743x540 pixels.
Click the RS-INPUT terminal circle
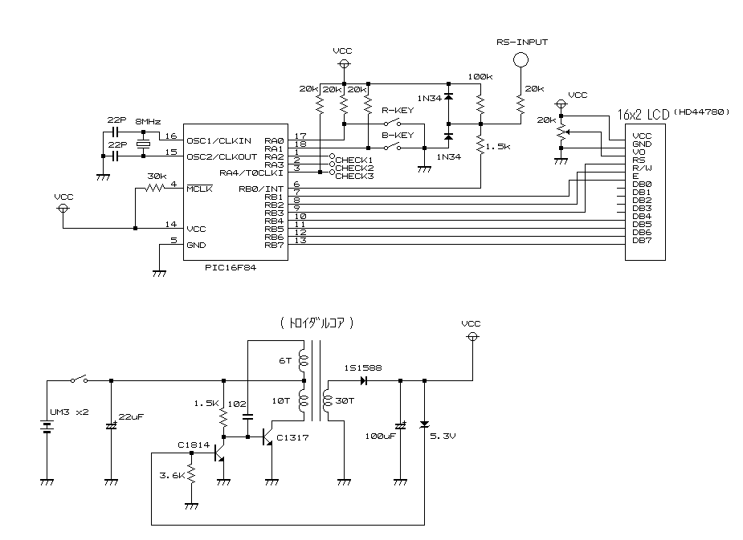[521, 59]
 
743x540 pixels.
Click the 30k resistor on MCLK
[155, 189]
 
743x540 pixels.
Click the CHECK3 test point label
[353, 176]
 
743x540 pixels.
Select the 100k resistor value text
[480, 77]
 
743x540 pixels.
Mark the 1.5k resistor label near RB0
[500, 148]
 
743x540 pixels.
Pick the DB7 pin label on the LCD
[641, 240]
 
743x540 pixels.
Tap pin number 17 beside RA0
[301, 136]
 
